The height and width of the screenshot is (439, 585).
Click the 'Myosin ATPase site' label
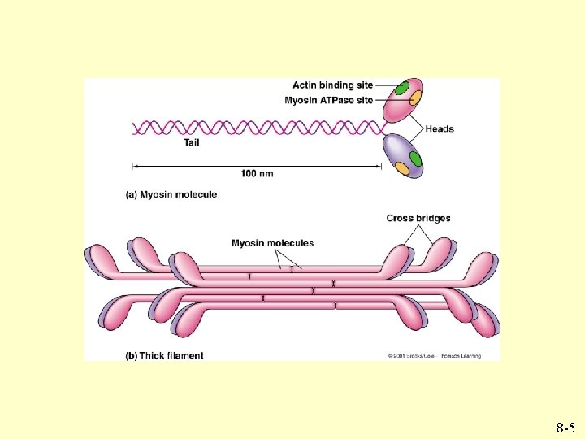point(329,101)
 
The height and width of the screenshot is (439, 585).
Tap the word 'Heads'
point(440,128)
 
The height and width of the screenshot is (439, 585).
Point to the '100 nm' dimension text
point(257,173)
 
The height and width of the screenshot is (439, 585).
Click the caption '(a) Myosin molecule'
point(171,194)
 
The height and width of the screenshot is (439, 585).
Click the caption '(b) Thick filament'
point(164,355)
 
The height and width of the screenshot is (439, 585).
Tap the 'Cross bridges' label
point(418,218)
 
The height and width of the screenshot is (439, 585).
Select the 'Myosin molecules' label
point(272,243)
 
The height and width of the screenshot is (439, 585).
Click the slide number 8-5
point(566,426)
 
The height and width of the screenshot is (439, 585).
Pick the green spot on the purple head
point(416,157)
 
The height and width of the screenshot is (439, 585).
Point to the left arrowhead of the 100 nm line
point(136,167)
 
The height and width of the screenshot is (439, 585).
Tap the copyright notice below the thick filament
point(434,356)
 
